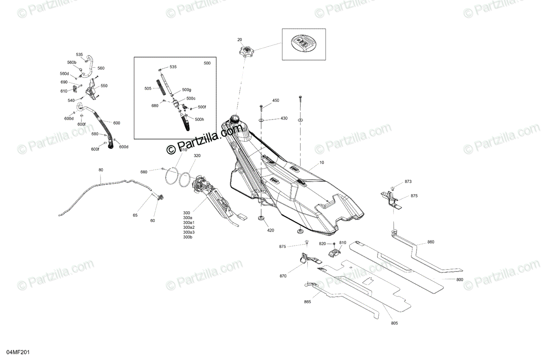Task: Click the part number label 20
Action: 240,40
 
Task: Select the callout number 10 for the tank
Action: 322,164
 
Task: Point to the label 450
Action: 276,101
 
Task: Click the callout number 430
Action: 284,119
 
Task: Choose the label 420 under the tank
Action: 271,230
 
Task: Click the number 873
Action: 408,182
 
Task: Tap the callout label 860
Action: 431,242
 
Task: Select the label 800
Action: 460,280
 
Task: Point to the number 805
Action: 394,323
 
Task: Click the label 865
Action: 307,302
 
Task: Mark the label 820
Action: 322,243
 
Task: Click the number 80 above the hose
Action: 101,170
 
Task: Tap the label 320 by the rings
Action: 197,156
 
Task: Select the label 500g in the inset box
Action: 186,89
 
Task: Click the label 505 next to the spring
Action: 148,88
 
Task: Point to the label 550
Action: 104,86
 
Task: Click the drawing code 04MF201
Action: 19,353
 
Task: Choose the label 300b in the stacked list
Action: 188,237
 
